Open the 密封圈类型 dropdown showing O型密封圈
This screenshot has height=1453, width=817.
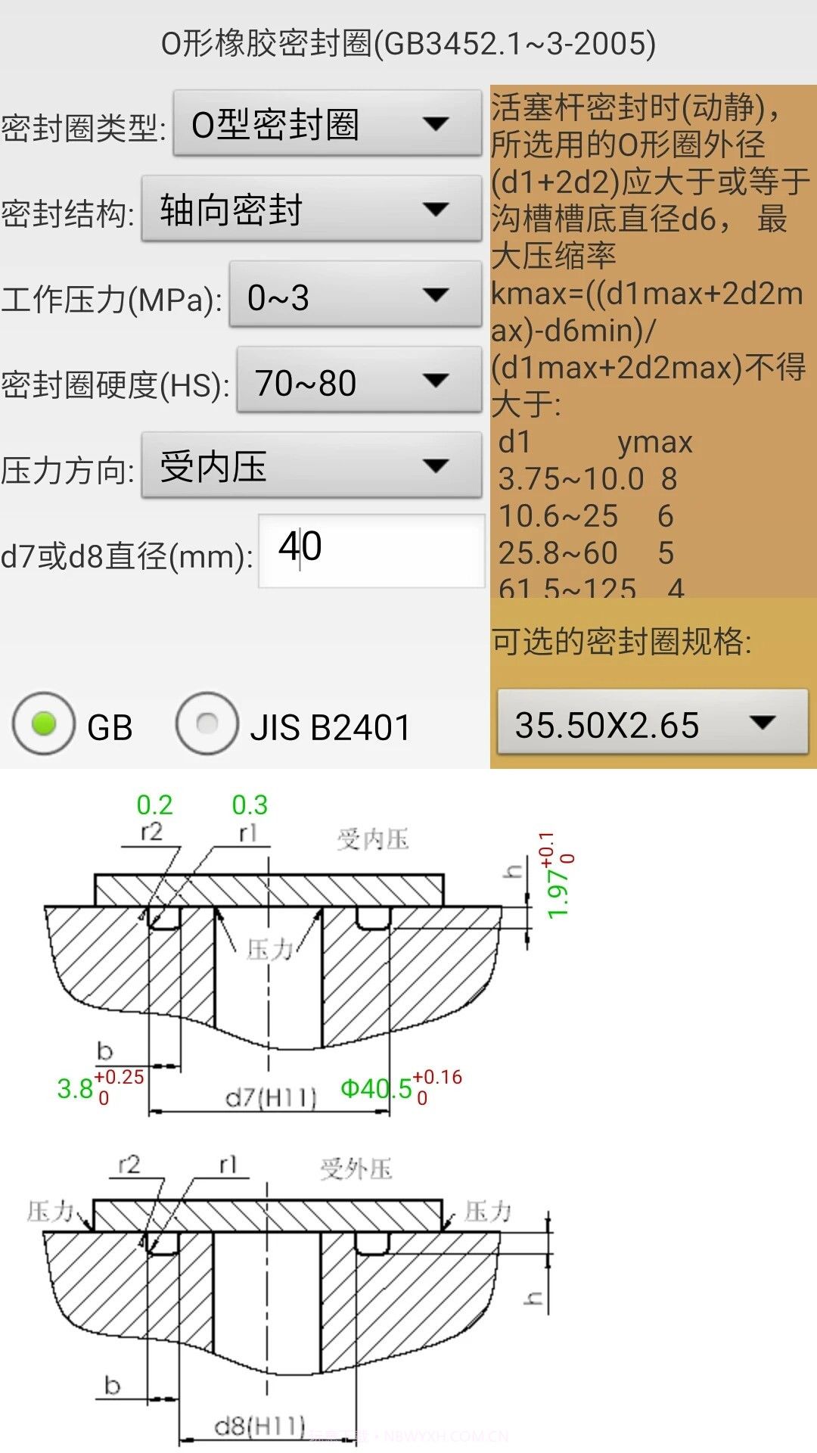(x=327, y=124)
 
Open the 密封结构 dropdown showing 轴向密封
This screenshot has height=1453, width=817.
(x=311, y=210)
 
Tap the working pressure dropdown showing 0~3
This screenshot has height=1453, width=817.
(x=355, y=295)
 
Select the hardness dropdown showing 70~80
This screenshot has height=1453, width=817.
(x=359, y=381)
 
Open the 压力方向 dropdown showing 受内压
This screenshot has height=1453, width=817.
(x=311, y=466)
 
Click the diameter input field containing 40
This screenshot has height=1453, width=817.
(x=371, y=550)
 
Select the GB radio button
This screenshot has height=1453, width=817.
(x=44, y=724)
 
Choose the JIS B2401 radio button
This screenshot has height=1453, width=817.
(x=207, y=724)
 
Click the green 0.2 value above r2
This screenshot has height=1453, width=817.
(x=154, y=805)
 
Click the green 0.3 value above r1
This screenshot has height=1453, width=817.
(x=250, y=805)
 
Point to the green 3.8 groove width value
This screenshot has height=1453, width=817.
(x=75, y=1089)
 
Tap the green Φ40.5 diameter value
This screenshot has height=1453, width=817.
(x=376, y=1089)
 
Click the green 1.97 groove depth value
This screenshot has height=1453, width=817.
(x=558, y=894)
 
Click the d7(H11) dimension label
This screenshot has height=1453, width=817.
(x=271, y=1097)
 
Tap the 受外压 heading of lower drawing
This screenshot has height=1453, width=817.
(x=356, y=1169)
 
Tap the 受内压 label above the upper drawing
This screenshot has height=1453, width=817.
(x=372, y=839)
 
